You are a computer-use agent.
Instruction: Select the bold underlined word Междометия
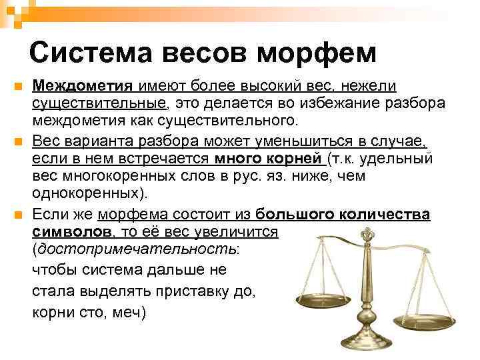pos(84,86)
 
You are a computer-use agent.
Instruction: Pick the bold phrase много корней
pos(269,159)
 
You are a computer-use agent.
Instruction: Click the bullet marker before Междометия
pos(18,87)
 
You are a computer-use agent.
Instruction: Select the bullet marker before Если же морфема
pos(18,214)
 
